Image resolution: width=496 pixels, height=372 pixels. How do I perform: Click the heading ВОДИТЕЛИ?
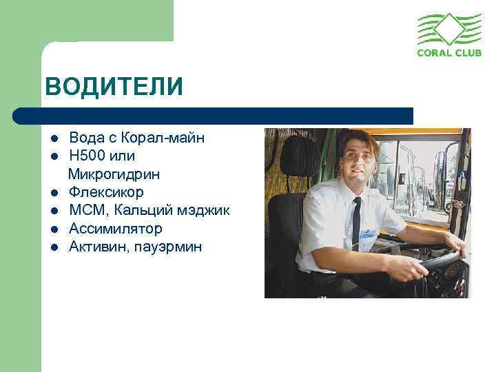coord(114,87)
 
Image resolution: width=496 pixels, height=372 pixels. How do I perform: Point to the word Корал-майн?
coord(166,138)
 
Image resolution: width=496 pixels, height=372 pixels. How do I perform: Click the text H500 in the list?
coord(86,156)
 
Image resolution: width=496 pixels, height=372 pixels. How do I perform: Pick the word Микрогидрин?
coord(114,174)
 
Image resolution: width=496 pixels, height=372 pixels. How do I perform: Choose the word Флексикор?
coord(106,192)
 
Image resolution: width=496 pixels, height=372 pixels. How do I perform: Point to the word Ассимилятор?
coord(116,228)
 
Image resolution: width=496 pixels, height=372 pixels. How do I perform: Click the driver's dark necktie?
coord(356,220)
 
